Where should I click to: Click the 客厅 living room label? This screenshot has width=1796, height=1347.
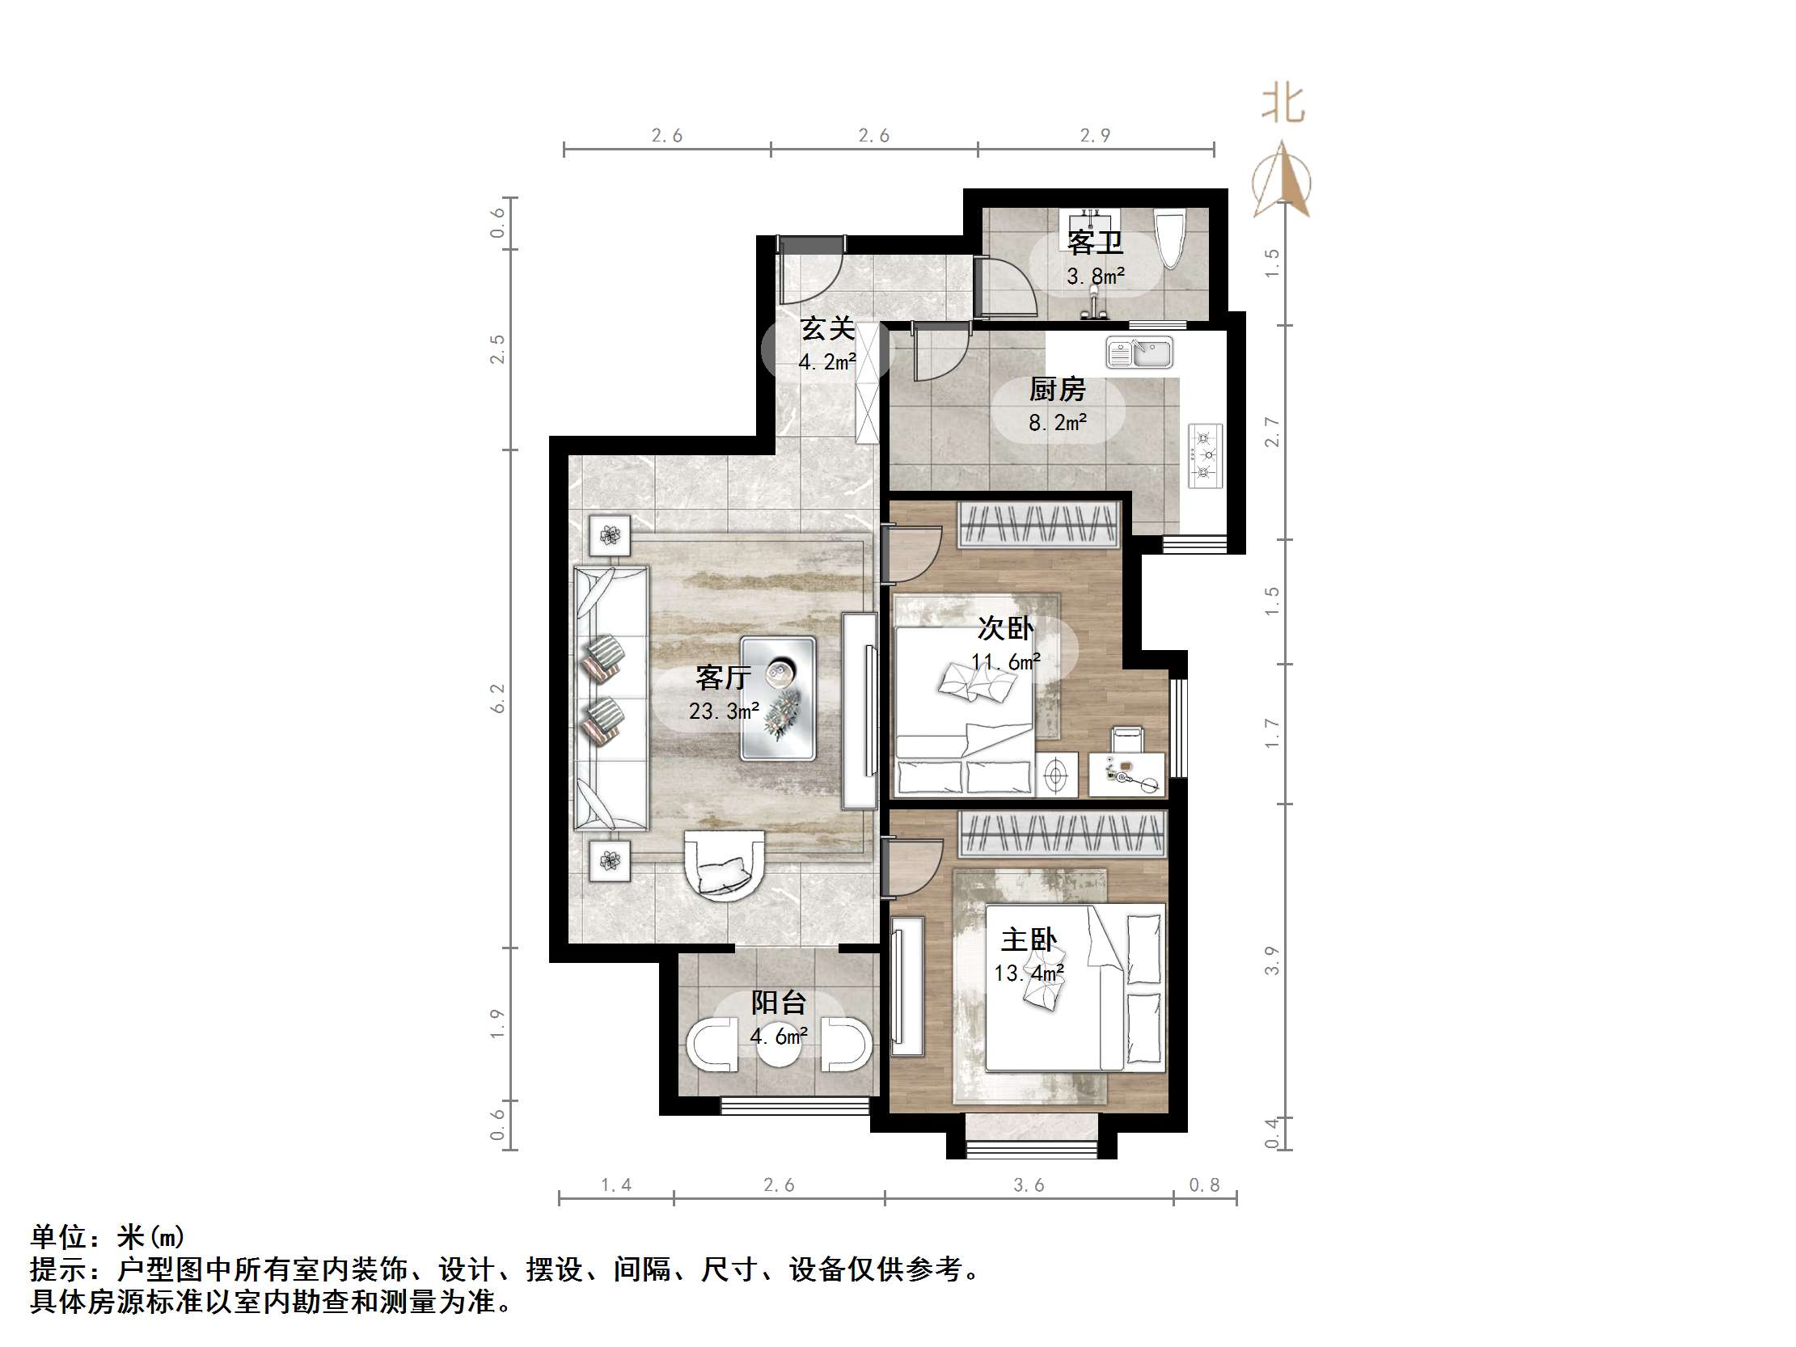tap(723, 677)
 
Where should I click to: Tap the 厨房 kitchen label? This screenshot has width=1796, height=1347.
tap(1057, 391)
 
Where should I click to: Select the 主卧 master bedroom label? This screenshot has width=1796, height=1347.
tap(1029, 940)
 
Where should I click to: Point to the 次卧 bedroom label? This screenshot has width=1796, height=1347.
tap(1005, 628)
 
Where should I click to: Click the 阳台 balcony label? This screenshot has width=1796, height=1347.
tap(778, 1003)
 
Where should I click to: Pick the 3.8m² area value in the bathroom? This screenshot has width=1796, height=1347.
tap(1095, 277)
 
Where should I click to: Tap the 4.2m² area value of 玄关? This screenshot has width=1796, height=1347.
tap(827, 363)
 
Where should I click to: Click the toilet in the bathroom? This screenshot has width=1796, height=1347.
tap(1170, 238)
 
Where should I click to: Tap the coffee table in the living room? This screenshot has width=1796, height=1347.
tap(778, 699)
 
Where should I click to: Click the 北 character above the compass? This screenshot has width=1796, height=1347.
tap(1283, 105)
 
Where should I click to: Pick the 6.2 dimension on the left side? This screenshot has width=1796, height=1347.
tap(497, 699)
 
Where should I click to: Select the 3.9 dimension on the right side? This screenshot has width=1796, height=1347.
tap(1271, 960)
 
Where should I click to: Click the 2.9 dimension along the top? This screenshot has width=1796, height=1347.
tap(1094, 136)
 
